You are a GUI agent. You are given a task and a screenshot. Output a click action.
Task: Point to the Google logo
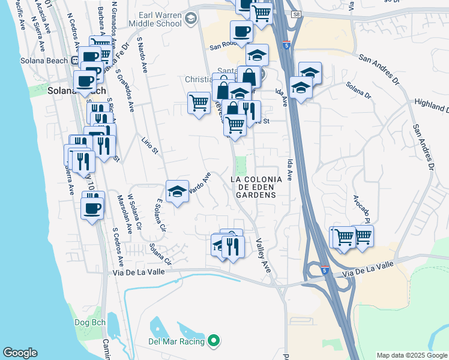point(20,353)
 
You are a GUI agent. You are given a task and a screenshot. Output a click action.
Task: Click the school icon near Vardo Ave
point(177,191)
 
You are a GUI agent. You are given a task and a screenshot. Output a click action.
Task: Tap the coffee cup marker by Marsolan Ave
point(92,209)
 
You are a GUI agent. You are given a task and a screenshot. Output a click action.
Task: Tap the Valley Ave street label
point(263,256)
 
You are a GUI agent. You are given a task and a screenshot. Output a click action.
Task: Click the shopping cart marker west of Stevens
point(199,103)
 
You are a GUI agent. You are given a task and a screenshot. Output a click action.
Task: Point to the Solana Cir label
point(160,253)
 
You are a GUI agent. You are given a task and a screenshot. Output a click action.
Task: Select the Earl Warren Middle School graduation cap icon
point(191,19)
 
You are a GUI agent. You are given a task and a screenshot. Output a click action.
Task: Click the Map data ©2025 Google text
point(411,355)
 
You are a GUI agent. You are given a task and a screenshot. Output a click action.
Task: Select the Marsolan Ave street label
point(122,214)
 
